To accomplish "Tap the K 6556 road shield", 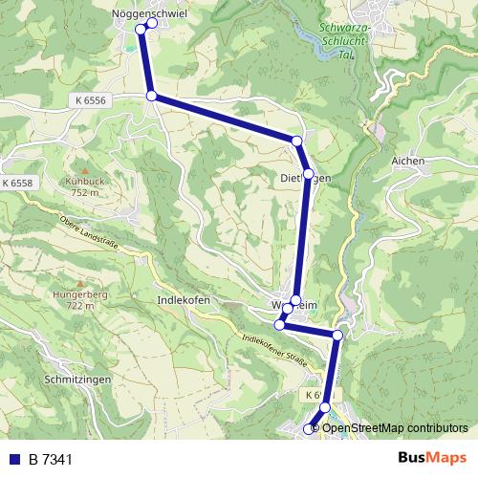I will click(89, 99).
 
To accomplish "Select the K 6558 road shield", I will click(17, 183).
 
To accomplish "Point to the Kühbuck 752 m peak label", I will click(83, 185).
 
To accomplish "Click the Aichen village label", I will click(408, 162).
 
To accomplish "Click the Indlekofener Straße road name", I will click(274, 351).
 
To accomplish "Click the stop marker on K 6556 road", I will click(151, 96).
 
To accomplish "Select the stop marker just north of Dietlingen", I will click(296, 141).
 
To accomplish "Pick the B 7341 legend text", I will click(51, 460).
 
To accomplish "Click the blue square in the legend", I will click(14, 460).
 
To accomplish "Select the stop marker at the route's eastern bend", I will click(337, 335).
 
